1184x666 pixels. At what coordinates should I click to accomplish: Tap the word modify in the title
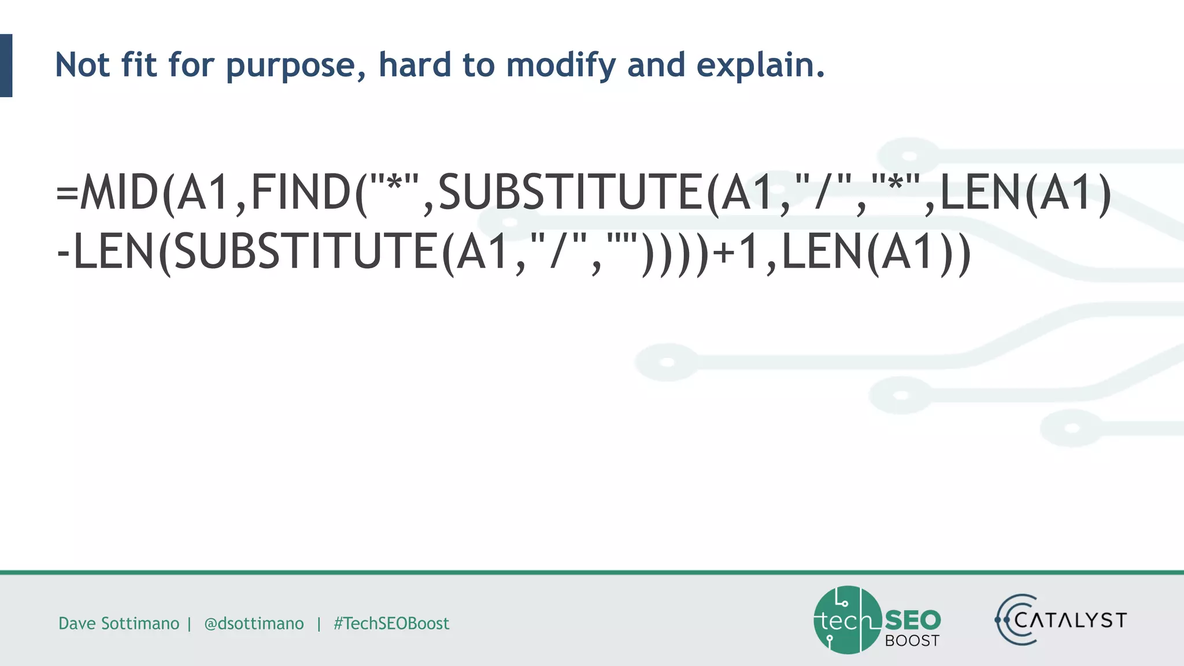pyautogui.click(x=560, y=65)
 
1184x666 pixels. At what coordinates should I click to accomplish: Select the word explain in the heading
pyautogui.click(x=760, y=65)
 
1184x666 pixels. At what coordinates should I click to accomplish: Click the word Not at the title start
pyautogui.click(x=82, y=65)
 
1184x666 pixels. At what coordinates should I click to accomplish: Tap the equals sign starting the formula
pyautogui.click(x=67, y=194)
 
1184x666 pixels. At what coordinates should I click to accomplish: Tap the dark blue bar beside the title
pyautogui.click(x=6, y=65)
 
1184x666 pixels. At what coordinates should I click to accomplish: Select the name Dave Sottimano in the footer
pyautogui.click(x=119, y=623)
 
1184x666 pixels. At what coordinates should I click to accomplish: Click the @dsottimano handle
pyautogui.click(x=254, y=623)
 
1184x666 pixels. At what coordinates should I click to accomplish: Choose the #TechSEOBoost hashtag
pyautogui.click(x=391, y=623)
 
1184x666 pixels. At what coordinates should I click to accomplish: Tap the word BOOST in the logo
pyautogui.click(x=912, y=641)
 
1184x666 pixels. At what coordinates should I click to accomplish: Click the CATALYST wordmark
pyautogui.click(x=1070, y=620)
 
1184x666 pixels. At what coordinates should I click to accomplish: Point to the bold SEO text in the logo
pyautogui.click(x=913, y=620)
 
